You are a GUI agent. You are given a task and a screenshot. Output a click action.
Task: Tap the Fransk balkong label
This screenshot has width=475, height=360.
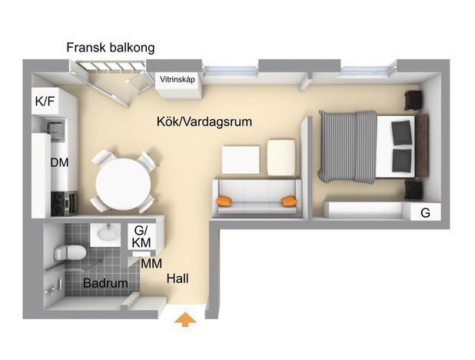[110, 48]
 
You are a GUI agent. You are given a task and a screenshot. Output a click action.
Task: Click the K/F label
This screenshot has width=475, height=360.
[44, 102]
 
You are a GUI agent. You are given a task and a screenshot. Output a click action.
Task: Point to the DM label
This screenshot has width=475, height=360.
[59, 162]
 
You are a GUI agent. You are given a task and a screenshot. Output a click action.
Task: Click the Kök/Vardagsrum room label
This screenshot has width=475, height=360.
[204, 122]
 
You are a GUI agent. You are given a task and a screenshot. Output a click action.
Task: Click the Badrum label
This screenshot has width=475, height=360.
[105, 283]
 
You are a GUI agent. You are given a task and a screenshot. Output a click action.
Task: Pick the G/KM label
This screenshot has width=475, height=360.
[141, 237]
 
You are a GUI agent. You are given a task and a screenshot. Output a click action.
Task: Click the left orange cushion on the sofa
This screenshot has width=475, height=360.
[224, 202]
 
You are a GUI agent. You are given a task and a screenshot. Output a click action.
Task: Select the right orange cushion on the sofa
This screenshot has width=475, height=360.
[289, 202]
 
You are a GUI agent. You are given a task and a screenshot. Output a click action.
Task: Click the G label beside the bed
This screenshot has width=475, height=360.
[425, 212]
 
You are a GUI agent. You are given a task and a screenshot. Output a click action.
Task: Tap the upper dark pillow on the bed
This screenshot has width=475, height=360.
[401, 132]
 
